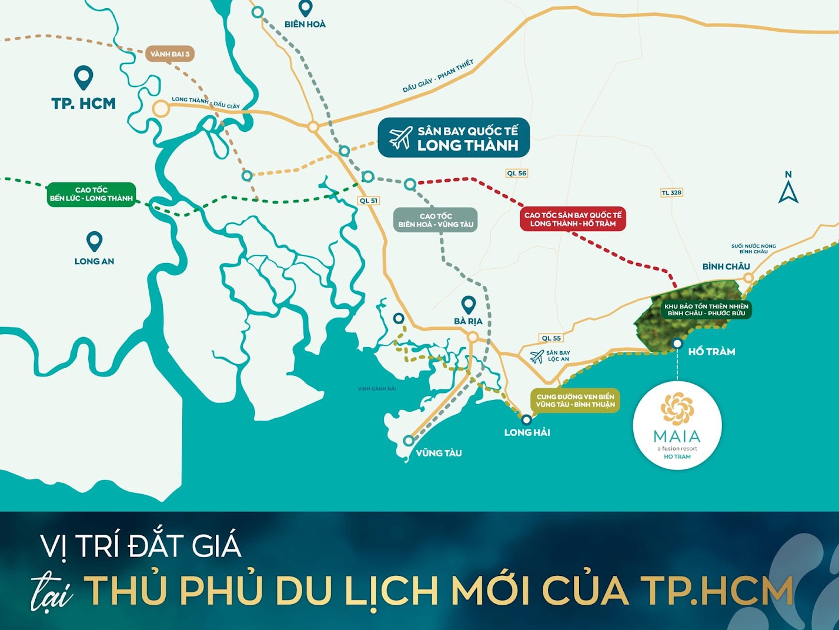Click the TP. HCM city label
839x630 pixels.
[x=83, y=104]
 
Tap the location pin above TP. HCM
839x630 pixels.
[x=83, y=77]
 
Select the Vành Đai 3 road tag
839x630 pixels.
[x=169, y=54]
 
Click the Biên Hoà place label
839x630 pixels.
[x=305, y=24]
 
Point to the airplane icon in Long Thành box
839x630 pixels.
[x=400, y=138]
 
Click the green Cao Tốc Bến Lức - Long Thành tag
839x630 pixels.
[x=91, y=194]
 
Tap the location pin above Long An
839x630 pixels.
[x=94, y=241]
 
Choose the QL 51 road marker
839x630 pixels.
[x=369, y=201]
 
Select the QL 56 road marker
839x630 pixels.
[x=517, y=173]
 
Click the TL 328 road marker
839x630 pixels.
[x=671, y=193]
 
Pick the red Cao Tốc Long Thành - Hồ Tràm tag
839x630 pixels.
[x=573, y=219]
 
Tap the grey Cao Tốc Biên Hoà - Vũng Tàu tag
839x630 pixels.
[x=436, y=220]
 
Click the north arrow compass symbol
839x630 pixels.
[x=788, y=189]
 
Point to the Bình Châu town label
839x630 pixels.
[x=726, y=266]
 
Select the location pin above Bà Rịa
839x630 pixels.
[x=468, y=304]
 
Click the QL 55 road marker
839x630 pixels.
[x=551, y=338]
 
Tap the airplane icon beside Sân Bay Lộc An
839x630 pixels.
[x=537, y=356]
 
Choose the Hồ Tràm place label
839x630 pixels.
[x=711, y=352]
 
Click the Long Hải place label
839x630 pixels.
[x=527, y=432]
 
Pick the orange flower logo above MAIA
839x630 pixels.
[x=677, y=408]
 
